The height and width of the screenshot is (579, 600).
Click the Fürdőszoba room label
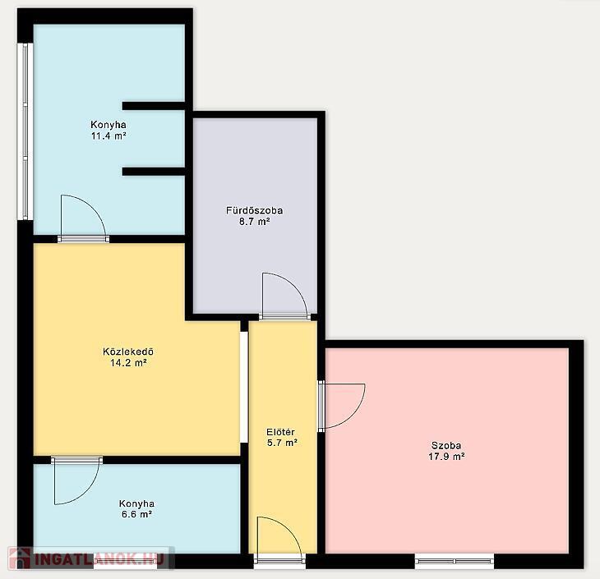[x=254, y=210]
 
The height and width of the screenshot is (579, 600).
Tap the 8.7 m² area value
[x=255, y=222]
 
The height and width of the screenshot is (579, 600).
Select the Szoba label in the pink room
[x=446, y=445]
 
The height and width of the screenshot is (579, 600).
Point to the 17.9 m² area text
[x=446, y=457]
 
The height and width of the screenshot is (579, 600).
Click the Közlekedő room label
[x=128, y=352]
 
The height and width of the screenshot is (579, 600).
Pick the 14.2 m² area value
[x=128, y=362]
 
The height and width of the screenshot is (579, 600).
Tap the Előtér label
[x=280, y=432]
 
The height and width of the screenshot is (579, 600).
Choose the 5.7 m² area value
[x=282, y=443]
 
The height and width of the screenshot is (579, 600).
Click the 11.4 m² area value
[x=108, y=136]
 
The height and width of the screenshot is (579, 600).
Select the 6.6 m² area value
[x=137, y=514]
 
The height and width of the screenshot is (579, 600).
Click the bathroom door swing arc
[x=294, y=284]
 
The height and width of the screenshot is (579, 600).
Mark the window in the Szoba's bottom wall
[x=455, y=561]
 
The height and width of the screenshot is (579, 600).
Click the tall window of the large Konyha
[x=25, y=131]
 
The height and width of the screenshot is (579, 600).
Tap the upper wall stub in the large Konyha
[x=154, y=106]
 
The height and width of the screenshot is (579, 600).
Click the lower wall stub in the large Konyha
[x=154, y=172]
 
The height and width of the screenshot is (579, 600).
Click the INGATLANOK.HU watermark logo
[x=90, y=558]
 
